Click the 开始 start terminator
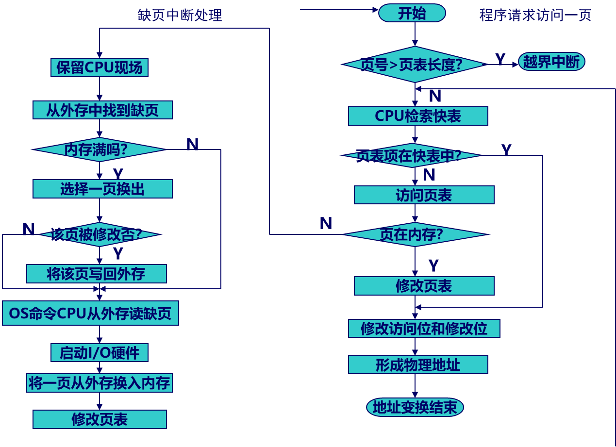pyautogui.click(x=412, y=13)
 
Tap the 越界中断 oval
pyautogui.click(x=551, y=62)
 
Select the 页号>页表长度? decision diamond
pyautogui.click(x=414, y=65)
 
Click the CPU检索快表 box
pyautogui.click(x=418, y=116)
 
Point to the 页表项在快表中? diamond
pyautogui.click(x=412, y=156)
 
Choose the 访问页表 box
pyautogui.click(x=424, y=195)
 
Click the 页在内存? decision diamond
pyautogui.click(x=415, y=234)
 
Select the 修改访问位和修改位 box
pyautogui.click(x=424, y=328)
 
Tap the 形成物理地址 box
pyautogui.click(x=418, y=364)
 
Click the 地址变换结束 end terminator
pyautogui.click(x=415, y=407)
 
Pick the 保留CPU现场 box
pyautogui.click(x=99, y=67)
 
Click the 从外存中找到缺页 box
pyautogui.click(x=102, y=110)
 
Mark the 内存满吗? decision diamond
pyautogui.click(x=99, y=149)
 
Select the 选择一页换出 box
pyautogui.click(x=102, y=189)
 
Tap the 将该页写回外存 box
pyautogui.click(x=96, y=274)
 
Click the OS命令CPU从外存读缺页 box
pyautogui.click(x=90, y=314)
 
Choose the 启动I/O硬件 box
pyautogui.click(x=99, y=353)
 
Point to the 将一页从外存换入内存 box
pyautogui.click(x=99, y=383)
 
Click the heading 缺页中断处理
pyautogui.click(x=180, y=15)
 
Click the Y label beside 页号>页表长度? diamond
pyautogui.click(x=500, y=59)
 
